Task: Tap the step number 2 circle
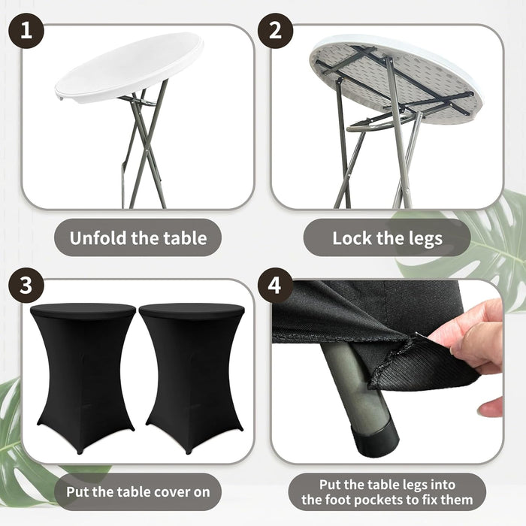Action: (x=276, y=32)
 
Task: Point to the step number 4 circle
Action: (x=276, y=286)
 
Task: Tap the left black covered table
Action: (x=82, y=376)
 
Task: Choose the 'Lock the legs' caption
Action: (x=387, y=239)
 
